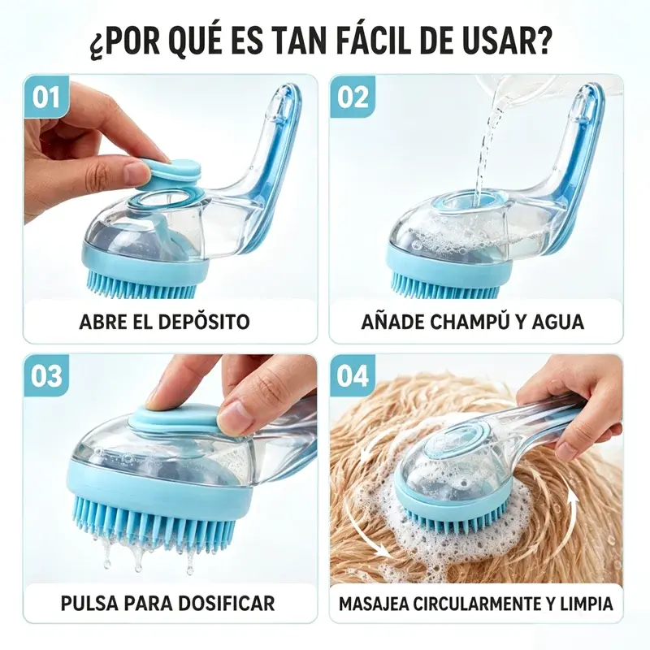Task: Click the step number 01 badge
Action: click(x=46, y=97)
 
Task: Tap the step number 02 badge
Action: click(x=353, y=97)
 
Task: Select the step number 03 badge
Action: click(x=46, y=375)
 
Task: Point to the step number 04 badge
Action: click(x=353, y=375)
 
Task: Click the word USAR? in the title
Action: click(x=515, y=41)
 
